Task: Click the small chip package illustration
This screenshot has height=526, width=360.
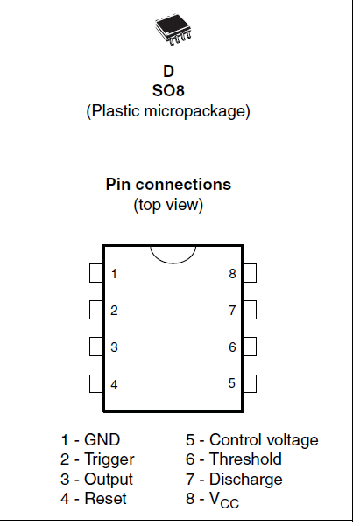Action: [173, 29]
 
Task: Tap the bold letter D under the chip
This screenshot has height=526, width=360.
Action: [168, 72]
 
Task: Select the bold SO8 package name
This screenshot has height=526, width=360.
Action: [168, 90]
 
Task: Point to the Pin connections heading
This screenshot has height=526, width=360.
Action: [168, 184]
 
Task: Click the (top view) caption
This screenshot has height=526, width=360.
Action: [168, 205]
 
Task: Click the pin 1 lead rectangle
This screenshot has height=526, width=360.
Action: [96, 273]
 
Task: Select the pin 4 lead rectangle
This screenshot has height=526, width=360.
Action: [96, 383]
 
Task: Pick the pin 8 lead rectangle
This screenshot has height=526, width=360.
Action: [250, 273]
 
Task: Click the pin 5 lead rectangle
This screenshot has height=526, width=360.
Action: [250, 383]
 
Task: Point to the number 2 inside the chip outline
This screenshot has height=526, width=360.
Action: [114, 311]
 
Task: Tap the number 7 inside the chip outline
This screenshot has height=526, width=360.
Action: [232, 311]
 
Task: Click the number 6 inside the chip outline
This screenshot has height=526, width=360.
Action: [232, 347]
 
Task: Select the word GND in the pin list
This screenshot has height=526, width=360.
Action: [102, 439]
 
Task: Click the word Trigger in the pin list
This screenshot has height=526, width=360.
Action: [109, 459]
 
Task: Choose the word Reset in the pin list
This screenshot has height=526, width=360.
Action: [105, 499]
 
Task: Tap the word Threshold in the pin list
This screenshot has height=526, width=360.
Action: [245, 459]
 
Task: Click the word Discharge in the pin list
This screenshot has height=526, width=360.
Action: [246, 480]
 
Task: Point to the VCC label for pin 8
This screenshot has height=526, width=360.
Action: [224, 500]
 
